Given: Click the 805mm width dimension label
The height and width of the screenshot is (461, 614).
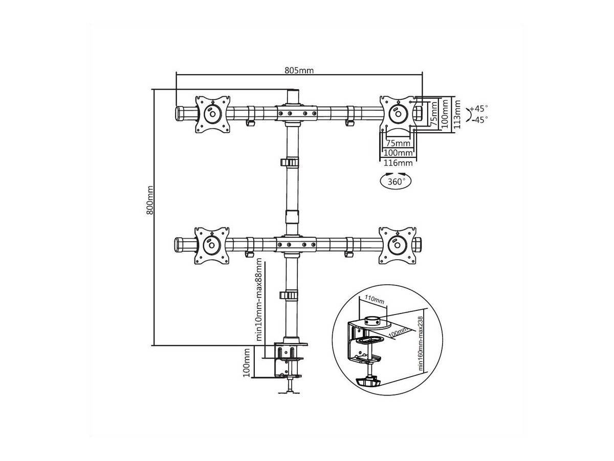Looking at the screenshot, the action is (299, 70).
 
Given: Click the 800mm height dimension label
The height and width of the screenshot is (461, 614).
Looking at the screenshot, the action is (149, 200).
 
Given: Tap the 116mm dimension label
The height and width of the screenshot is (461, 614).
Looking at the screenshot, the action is (398, 162).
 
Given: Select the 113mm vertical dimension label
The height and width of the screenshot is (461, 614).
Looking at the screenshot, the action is (456, 114).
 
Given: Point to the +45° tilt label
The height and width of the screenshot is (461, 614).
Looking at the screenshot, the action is (479, 108).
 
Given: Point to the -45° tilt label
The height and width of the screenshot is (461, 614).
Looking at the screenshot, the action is (479, 120).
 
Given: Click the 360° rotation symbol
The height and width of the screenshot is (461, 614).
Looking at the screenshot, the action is (396, 181).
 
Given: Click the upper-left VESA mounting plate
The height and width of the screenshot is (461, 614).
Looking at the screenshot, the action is (212, 114).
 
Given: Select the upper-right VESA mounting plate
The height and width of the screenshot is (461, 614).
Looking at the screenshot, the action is (398, 114).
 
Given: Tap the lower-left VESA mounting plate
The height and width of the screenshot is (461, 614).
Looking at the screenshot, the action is (212, 245).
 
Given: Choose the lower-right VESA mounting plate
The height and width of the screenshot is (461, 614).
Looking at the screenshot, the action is (397, 245).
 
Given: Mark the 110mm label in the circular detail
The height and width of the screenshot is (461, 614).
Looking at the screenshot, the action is (374, 300).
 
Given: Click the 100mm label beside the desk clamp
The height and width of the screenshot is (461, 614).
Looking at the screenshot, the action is (247, 363).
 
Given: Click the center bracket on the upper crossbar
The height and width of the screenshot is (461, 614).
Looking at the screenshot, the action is (296, 113).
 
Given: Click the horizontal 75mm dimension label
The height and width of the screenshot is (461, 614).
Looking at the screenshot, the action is (398, 143).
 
